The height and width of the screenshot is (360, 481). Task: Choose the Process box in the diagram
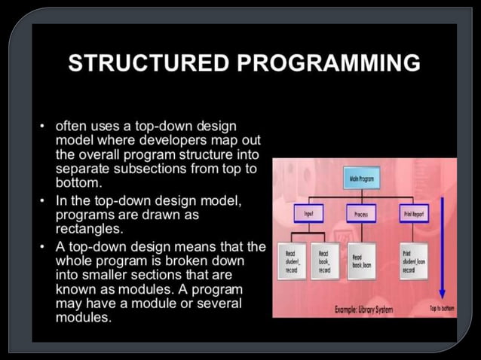(x=364, y=215)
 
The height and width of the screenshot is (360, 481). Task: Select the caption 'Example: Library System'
(x=364, y=310)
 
